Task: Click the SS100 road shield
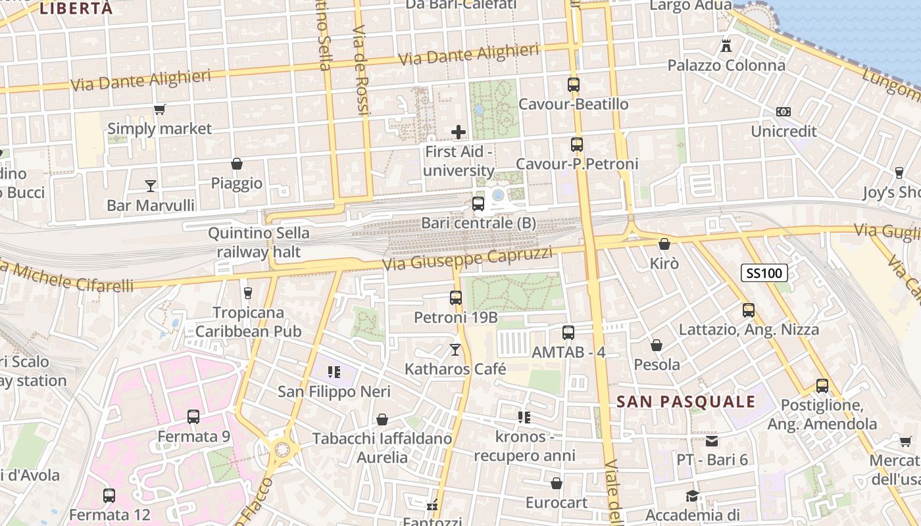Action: pyautogui.click(x=764, y=273)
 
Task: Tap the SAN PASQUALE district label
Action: pyautogui.click(x=686, y=402)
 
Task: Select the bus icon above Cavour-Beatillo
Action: pyautogui.click(x=574, y=85)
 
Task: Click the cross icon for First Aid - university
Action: pyautogui.click(x=459, y=132)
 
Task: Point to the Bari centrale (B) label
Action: pyautogui.click(x=478, y=224)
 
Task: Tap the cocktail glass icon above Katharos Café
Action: pyautogui.click(x=455, y=349)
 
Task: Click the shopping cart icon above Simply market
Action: pyautogui.click(x=159, y=109)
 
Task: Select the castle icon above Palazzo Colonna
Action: pyautogui.click(x=726, y=46)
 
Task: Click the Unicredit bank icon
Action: pyautogui.click(x=784, y=112)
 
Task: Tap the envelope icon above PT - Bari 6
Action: pyautogui.click(x=712, y=441)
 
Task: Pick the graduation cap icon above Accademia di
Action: pyautogui.click(x=692, y=496)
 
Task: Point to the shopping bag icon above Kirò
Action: pyautogui.click(x=664, y=244)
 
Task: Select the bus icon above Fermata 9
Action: pyautogui.click(x=193, y=416)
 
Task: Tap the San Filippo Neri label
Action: pyautogui.click(x=334, y=392)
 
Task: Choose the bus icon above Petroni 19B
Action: pyautogui.click(x=456, y=298)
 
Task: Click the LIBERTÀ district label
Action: pyautogui.click(x=76, y=9)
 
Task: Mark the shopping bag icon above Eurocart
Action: pyautogui.click(x=557, y=484)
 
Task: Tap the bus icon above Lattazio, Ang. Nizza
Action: pyautogui.click(x=749, y=310)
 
